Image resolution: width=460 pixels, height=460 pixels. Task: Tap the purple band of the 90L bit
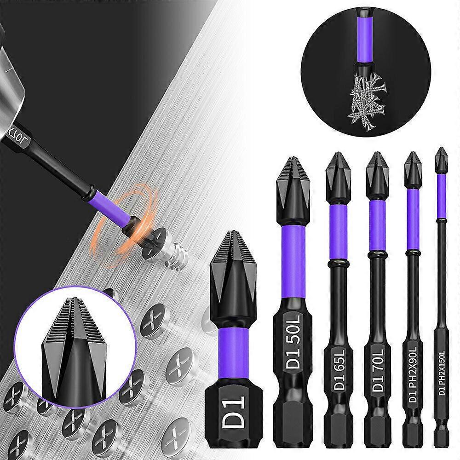[x=413, y=218]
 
